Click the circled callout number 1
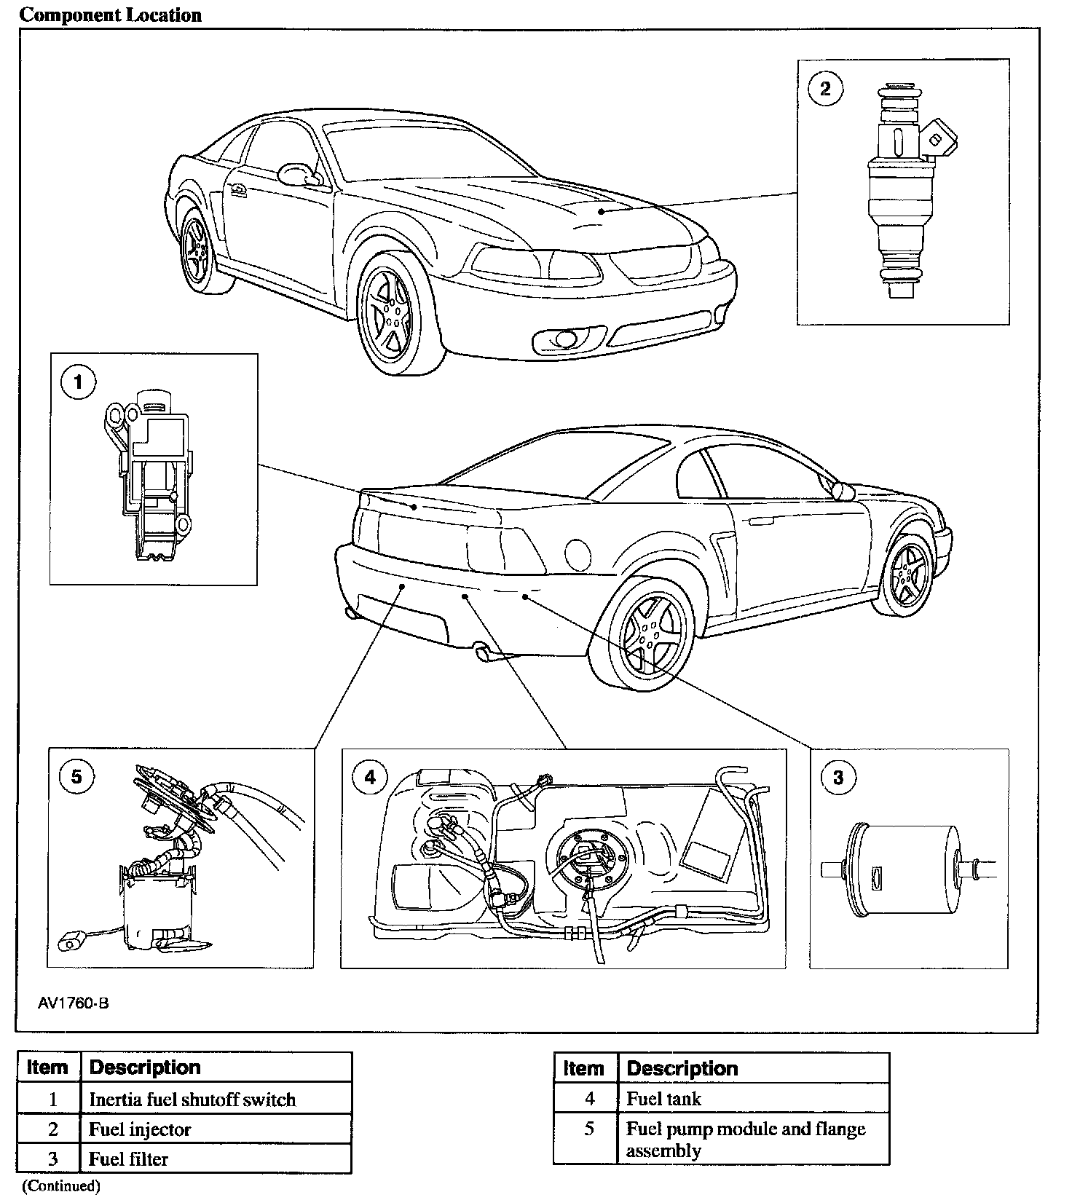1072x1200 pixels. point(79,382)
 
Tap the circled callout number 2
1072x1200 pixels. point(825,89)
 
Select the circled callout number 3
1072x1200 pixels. point(837,778)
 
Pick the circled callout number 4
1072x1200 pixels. point(370,778)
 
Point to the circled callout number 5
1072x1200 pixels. point(76,777)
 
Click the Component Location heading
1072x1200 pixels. point(111,15)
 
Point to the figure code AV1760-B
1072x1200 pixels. point(74,1003)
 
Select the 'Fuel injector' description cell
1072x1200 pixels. point(140,1129)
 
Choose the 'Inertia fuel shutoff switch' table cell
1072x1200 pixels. point(192,1099)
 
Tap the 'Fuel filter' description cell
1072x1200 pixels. point(128,1158)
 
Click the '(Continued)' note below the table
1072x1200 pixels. point(60,1186)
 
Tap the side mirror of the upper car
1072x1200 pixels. point(298,174)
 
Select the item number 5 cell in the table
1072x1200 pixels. point(589,1129)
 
